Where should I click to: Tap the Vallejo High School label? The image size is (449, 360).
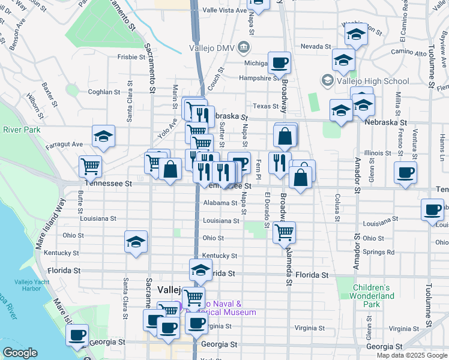pos(364,81)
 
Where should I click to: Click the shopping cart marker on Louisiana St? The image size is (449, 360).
pos(284,232)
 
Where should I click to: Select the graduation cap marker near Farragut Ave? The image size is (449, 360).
pos(104,136)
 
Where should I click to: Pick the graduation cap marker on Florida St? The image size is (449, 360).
pos(200,270)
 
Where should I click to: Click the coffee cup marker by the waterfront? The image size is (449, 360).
pos(77,335)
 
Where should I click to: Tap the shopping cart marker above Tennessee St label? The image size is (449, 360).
pos(91,165)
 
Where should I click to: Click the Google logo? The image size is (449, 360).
pos(20,353)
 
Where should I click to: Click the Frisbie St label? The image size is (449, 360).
pos(128,58)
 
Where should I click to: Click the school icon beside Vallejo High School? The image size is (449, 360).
pos(328,80)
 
